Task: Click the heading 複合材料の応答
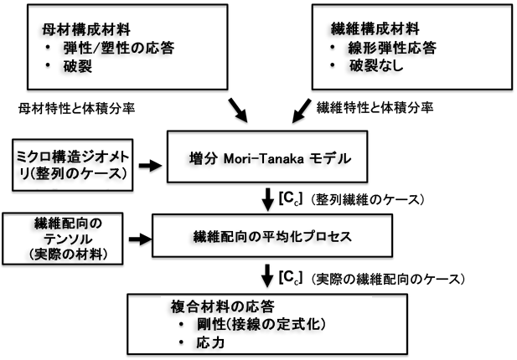coord(218,306)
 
